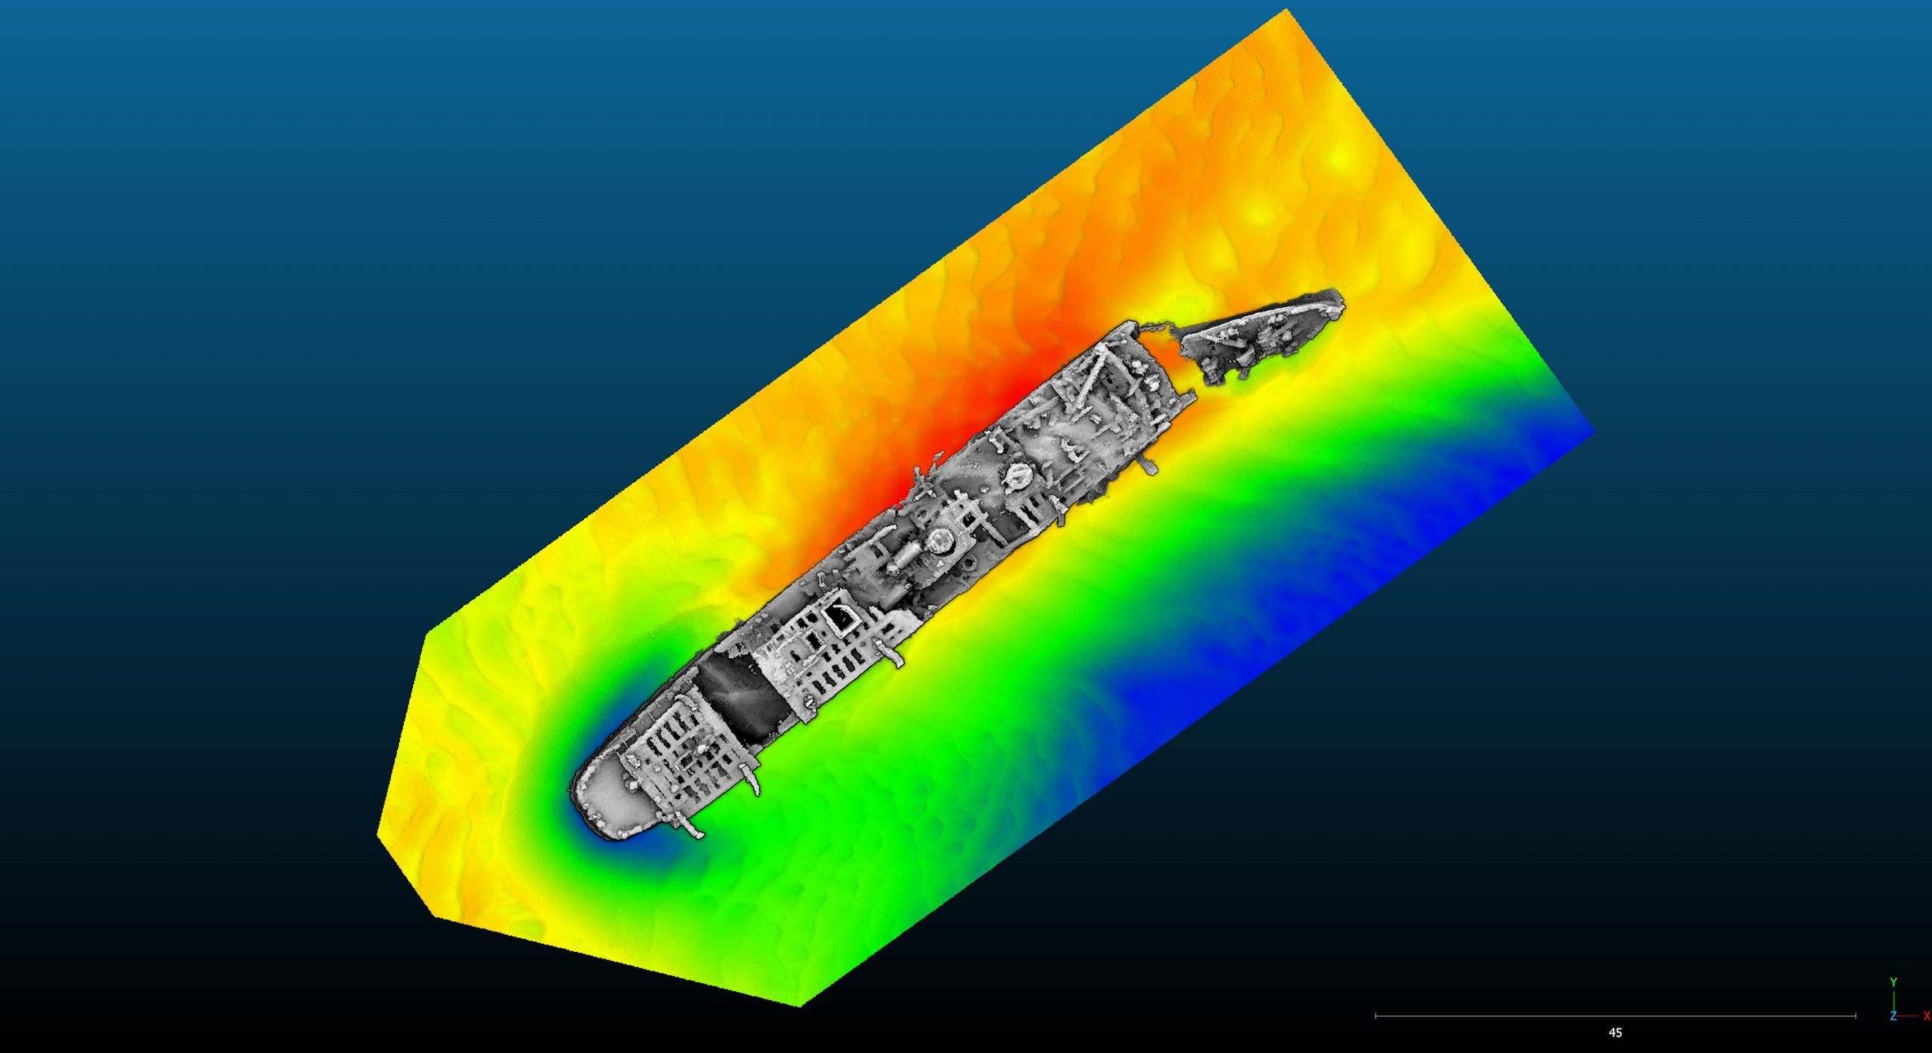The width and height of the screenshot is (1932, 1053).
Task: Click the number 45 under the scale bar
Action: click(x=1615, y=1033)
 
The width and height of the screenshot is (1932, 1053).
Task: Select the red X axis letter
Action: click(x=1927, y=1017)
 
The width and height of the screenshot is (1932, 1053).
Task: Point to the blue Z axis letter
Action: click(x=1893, y=1017)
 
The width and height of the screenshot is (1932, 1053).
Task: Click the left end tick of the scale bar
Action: click(x=1376, y=1016)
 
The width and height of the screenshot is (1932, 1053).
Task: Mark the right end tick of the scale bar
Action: click(x=1856, y=1016)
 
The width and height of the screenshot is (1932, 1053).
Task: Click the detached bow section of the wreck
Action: click(x=1260, y=333)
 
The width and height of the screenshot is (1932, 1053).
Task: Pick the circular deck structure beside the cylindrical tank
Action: click(x=940, y=540)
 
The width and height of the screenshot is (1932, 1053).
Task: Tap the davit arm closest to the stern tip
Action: click(x=691, y=825)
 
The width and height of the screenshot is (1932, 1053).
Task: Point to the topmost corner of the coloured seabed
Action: click(x=1285, y=10)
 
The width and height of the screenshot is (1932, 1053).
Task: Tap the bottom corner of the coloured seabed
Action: click(x=800, y=1005)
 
